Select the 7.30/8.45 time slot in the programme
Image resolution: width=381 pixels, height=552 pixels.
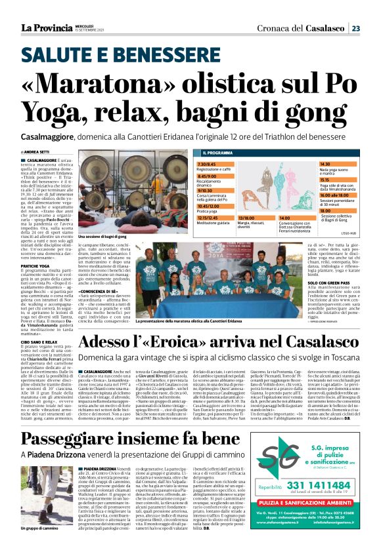click(207, 164)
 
